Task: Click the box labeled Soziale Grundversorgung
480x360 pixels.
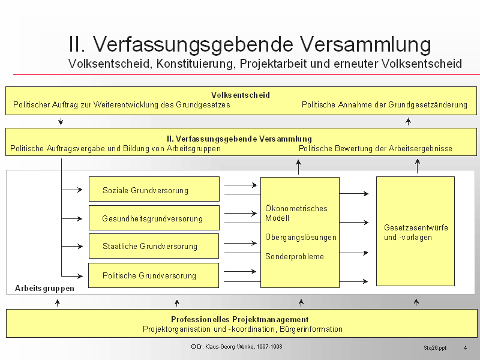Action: pos(154,190)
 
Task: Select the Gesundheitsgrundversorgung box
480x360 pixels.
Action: pos(154,218)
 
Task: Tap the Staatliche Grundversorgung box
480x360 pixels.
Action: pos(154,246)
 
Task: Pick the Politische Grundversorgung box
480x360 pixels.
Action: pos(154,275)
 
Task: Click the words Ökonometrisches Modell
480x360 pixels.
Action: pos(296,213)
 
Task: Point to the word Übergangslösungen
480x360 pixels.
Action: pos(301,237)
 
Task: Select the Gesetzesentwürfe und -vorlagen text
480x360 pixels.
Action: pos(415,232)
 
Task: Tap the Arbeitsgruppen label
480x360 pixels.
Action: pos(44,288)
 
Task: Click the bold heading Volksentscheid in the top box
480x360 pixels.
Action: pos(240,95)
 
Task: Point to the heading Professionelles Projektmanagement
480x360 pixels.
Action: pos(240,319)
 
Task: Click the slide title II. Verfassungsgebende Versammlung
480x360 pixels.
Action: pos(250,44)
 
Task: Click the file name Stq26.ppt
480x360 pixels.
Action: pos(435,347)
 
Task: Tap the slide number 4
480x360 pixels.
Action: pos(465,347)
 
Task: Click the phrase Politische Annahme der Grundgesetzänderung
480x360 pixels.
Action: pos(384,104)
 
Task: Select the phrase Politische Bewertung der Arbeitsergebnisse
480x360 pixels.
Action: pos(375,148)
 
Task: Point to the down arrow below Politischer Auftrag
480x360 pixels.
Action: pos(61,122)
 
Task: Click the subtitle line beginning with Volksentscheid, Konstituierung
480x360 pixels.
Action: pos(265,64)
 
